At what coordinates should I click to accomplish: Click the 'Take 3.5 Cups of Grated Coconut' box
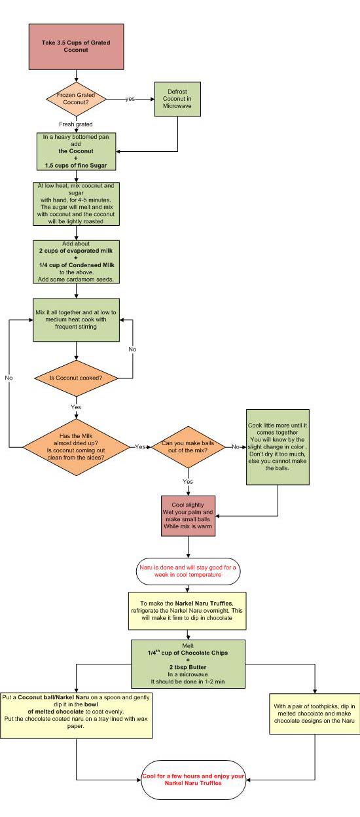[x=76, y=47]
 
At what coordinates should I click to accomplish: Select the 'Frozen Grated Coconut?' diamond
[x=77, y=100]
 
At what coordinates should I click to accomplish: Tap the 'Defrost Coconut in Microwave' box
[x=177, y=100]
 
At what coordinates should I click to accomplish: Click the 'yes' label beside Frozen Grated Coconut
[x=130, y=100]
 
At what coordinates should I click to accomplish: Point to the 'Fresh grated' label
[x=77, y=124]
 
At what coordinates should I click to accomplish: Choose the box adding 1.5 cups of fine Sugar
[x=77, y=151]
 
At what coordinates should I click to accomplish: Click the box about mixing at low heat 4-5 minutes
[x=77, y=204]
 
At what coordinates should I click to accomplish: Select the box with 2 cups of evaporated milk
[x=77, y=262]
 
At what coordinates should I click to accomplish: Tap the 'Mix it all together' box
[x=77, y=320]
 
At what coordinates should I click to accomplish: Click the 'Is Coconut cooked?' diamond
[x=77, y=378]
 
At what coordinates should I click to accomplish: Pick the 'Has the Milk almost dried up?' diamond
[x=77, y=446]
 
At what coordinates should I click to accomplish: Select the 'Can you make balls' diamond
[x=188, y=446]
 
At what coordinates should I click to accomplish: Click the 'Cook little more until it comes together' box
[x=278, y=446]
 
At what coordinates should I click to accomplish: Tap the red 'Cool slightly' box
[x=188, y=515]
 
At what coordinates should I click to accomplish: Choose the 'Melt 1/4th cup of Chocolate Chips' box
[x=188, y=664]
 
